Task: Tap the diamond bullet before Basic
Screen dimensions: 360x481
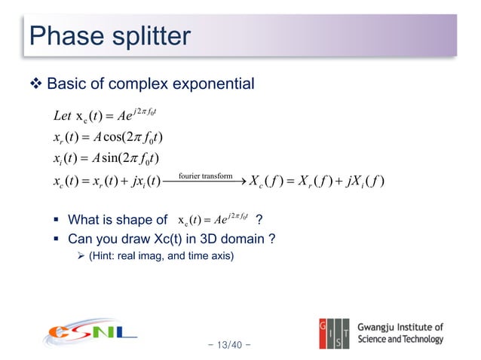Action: pyautogui.click(x=37, y=83)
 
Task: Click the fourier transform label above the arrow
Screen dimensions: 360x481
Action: pyautogui.click(x=205, y=176)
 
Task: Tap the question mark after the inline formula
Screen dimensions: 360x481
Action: pyautogui.click(x=259, y=221)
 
